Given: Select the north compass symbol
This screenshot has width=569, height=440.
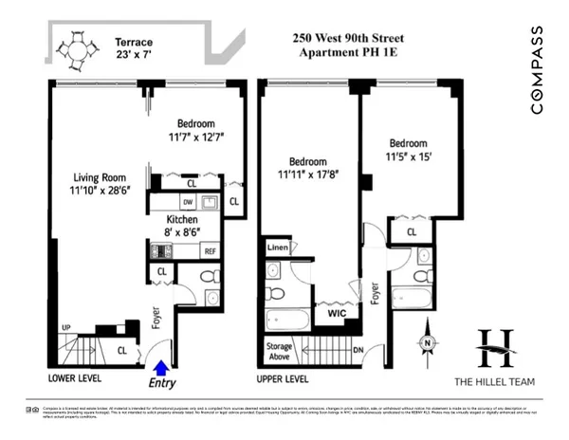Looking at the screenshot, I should (x=428, y=343).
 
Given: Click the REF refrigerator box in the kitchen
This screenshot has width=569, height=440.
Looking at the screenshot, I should (x=210, y=251).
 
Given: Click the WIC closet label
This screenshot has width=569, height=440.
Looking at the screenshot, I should (x=337, y=312).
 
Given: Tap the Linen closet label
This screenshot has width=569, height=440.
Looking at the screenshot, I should (x=277, y=247).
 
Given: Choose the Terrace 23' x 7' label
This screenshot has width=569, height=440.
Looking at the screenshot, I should (x=135, y=49).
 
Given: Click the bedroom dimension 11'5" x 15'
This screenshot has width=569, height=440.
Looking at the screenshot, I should (x=413, y=156).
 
